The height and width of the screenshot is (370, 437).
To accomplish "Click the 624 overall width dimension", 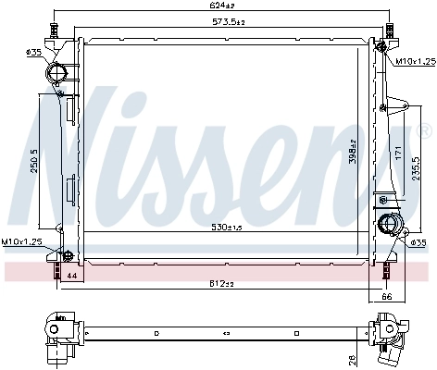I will point(220,7).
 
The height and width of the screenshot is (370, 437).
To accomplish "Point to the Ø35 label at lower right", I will point(418,243).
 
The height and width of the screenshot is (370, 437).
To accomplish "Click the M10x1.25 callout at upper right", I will point(415,62).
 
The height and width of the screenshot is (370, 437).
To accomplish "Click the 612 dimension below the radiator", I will point(220,282).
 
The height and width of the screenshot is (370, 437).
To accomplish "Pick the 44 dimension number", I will point(69,276).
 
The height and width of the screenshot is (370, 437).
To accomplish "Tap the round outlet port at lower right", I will point(388,224).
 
